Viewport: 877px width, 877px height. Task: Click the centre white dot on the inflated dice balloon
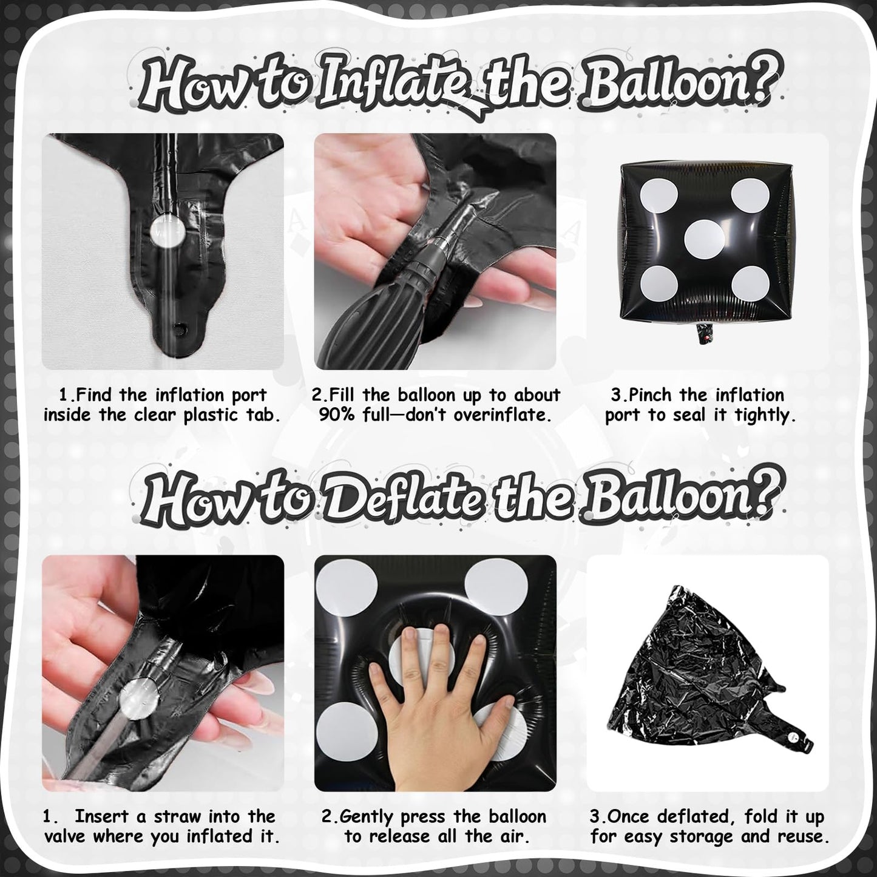(x=704, y=239)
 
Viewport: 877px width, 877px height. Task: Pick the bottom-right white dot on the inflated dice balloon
(x=751, y=284)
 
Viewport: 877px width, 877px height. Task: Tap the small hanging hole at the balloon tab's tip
(x=181, y=327)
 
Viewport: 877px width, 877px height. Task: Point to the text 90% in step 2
(x=336, y=415)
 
